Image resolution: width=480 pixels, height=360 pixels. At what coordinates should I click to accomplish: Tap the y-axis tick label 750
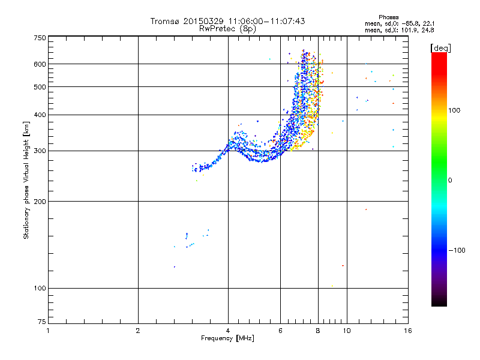(x=40, y=38)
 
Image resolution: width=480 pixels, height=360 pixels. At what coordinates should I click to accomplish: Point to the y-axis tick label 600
(x=40, y=64)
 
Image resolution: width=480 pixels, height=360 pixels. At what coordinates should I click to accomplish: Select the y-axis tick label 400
(x=40, y=115)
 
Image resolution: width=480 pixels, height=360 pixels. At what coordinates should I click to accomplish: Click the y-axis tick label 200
(x=40, y=202)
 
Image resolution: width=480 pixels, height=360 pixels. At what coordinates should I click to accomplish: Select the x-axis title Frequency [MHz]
(x=227, y=338)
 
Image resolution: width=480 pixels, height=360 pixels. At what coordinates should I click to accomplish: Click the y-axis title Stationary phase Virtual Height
(x=26, y=180)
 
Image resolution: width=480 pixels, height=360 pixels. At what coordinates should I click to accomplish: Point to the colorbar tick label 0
(x=451, y=180)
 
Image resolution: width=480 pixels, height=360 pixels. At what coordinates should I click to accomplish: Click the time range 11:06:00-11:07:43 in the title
(x=265, y=21)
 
